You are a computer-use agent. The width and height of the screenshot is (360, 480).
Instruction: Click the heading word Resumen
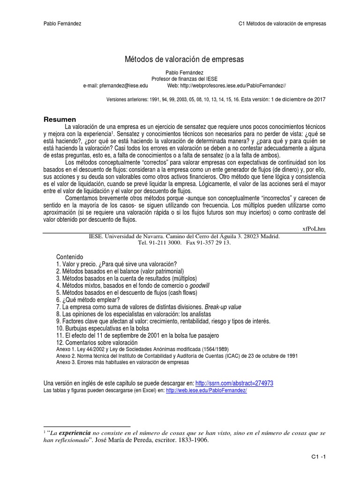(x=60, y=120)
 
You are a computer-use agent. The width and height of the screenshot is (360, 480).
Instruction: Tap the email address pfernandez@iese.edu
(x=115, y=86)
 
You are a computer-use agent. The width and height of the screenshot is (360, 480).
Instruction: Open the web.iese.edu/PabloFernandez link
(x=206, y=390)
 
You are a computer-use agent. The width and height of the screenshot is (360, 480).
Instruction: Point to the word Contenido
(x=69, y=257)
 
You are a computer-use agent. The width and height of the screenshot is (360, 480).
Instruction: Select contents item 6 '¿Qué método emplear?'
(x=88, y=300)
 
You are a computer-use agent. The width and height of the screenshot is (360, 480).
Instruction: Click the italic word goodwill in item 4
(x=200, y=285)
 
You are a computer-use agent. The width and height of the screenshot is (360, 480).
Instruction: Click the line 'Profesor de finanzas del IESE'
(x=184, y=79)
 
